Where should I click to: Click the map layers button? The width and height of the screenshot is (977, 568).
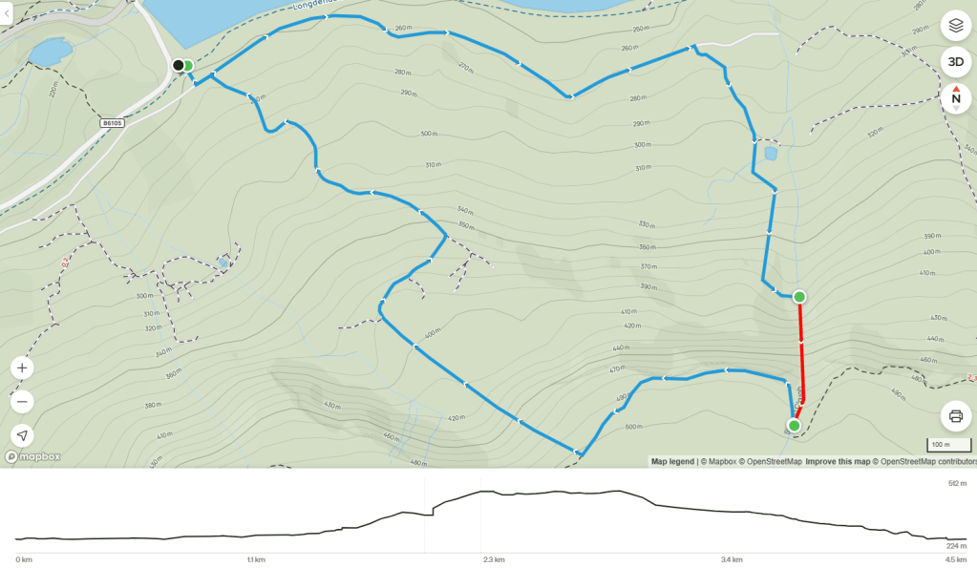coord(955,27)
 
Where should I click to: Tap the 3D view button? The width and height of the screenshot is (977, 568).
coord(955,62)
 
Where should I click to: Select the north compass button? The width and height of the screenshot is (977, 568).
coord(955,97)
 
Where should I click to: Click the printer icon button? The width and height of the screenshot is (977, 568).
coord(955,416)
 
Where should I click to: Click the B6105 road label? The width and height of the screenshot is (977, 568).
coord(113,123)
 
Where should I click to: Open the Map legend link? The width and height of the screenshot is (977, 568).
coord(672,462)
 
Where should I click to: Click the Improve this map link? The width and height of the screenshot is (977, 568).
coord(838,462)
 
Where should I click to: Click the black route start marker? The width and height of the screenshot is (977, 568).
coord(178,65)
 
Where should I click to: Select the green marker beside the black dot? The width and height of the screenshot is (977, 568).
coord(188,66)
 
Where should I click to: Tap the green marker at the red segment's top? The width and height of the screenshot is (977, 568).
coord(799,297)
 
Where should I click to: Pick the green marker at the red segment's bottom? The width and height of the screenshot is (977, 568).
coord(794,425)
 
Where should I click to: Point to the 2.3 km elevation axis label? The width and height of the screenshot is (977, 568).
coord(493,559)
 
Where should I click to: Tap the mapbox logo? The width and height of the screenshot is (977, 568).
coord(32,456)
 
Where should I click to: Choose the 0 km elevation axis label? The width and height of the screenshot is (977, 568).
coord(24,559)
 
